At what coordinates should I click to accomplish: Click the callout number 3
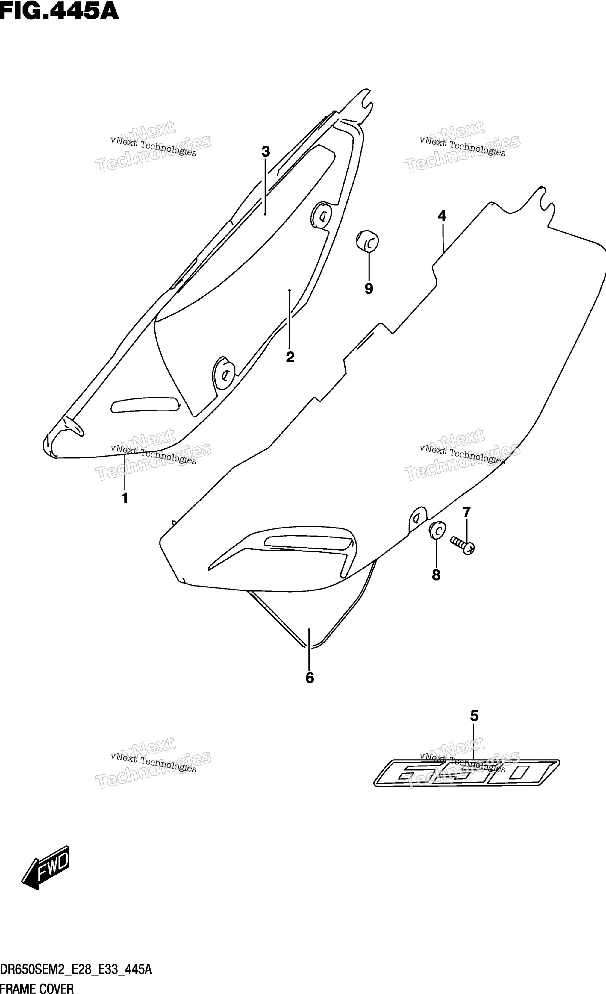[x=266, y=152]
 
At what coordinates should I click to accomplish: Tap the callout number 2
[x=290, y=357]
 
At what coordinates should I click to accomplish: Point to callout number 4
[x=442, y=216]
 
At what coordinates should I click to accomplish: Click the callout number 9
[x=369, y=288]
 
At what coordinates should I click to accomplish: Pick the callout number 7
[x=467, y=512]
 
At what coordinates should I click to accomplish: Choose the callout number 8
[x=436, y=575]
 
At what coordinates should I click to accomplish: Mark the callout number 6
[x=310, y=678]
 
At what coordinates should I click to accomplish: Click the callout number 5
[x=475, y=716]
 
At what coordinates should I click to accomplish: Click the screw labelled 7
[x=462, y=545]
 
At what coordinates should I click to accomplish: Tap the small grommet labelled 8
[x=437, y=530]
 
